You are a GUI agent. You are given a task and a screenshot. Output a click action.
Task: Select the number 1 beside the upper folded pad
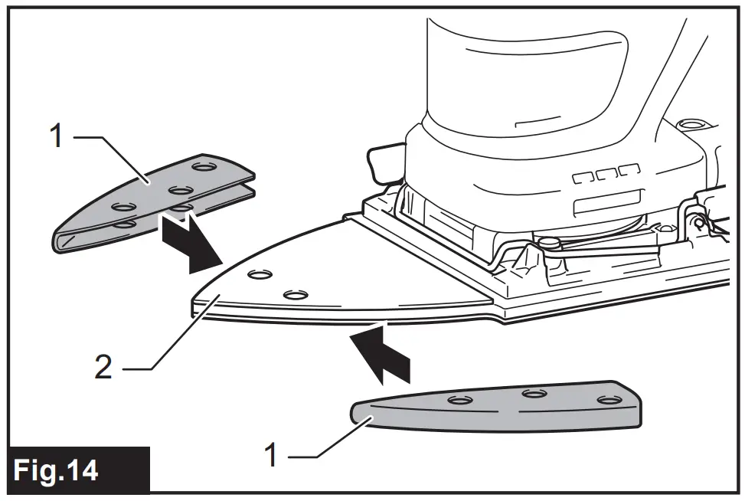(x=55, y=138)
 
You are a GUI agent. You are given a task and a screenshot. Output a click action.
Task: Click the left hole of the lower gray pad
(x=459, y=401)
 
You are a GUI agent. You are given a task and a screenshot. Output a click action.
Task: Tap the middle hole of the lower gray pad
(x=533, y=394)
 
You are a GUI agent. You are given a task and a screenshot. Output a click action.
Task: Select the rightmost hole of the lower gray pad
(x=607, y=399)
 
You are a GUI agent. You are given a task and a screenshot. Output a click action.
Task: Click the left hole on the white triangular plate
(x=260, y=273)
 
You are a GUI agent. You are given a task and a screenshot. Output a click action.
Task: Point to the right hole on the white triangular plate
(x=295, y=293)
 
